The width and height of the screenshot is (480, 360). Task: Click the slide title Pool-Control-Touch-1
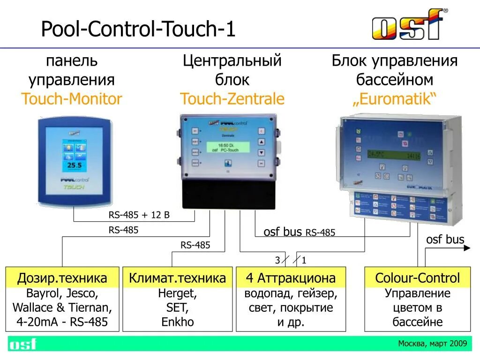138,30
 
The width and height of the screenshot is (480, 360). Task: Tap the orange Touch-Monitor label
71,99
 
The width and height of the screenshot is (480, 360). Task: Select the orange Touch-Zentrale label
232,99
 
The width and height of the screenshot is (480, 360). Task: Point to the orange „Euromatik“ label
394,99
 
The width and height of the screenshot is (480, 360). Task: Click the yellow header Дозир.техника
62,278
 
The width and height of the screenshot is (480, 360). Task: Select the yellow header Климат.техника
177,278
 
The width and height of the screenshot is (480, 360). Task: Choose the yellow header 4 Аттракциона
291,278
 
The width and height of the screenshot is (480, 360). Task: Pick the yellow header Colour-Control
417,278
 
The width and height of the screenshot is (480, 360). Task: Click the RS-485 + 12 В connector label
139,216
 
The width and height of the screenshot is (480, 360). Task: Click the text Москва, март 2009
432,344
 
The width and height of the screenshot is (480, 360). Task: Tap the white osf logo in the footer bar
22,344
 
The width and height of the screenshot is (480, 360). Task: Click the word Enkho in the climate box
177,322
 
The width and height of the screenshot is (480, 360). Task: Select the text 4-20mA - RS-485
62,322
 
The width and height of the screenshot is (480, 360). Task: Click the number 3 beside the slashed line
277,260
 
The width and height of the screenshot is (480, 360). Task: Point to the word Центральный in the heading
232,61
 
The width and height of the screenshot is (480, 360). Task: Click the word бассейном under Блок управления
394,80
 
